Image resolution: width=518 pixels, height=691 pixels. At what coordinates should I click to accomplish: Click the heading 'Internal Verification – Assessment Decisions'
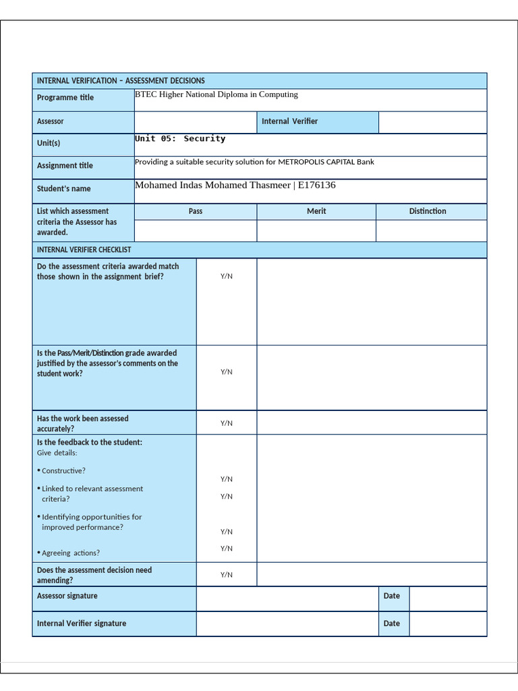[121, 80]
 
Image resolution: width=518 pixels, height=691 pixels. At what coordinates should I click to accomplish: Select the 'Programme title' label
[65, 98]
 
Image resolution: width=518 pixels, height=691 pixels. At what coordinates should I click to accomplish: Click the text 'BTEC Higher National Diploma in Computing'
[217, 94]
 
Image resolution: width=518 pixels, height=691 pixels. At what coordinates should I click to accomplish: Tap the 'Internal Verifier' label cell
[289, 121]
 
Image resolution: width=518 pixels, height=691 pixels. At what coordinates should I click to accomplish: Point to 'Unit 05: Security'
[180, 138]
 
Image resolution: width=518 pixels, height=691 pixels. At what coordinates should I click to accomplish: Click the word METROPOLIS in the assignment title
[304, 162]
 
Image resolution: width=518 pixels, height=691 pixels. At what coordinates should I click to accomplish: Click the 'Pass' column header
[196, 211]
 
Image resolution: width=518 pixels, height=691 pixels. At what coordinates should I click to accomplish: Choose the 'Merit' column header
[316, 211]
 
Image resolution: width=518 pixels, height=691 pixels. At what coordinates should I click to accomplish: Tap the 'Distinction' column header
[428, 211]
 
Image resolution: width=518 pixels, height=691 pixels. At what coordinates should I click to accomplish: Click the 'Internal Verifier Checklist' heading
[84, 250]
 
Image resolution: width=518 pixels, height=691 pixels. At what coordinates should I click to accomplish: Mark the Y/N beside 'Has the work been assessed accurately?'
[227, 423]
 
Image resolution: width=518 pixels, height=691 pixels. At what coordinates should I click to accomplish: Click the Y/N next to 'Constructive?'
[227, 479]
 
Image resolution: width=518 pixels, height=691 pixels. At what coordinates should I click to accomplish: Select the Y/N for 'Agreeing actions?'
[227, 549]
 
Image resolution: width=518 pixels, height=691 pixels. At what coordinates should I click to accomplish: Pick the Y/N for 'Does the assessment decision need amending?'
[227, 575]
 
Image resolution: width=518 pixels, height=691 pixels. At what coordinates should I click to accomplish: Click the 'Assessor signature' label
[67, 596]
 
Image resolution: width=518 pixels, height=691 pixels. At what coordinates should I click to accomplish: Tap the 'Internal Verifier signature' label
[82, 624]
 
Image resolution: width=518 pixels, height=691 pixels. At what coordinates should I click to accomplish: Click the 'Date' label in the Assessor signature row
[391, 596]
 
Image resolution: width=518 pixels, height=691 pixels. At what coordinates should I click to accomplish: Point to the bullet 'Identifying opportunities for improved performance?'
[91, 522]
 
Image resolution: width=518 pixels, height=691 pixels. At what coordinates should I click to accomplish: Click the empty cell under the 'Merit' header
[316, 231]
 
